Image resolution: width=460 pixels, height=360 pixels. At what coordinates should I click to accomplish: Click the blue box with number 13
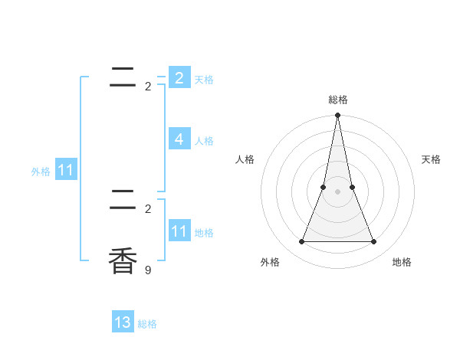123,322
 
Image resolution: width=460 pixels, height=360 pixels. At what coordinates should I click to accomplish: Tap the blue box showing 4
179,139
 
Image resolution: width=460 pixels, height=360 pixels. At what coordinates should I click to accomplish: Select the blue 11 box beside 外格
65,170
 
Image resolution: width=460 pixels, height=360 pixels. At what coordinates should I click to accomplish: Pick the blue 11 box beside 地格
179,231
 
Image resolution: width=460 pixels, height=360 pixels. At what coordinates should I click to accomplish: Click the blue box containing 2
179,78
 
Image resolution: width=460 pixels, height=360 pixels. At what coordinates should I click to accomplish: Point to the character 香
123,260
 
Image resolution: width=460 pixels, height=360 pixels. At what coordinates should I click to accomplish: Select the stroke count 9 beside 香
148,270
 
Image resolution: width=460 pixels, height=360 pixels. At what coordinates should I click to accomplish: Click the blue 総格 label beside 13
147,324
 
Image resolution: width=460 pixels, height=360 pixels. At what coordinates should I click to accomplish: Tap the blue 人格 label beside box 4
204,141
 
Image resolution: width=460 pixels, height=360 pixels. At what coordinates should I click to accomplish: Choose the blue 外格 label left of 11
41,172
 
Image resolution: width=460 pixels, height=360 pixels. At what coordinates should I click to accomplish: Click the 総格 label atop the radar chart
338,100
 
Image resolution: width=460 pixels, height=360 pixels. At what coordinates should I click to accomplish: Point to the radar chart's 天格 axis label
431,159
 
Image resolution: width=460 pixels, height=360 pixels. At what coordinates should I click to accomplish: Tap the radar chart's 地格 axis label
402,262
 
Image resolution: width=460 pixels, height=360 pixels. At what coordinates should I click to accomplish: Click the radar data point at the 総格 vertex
337,116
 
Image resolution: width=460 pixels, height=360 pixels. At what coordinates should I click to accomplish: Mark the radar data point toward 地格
373,242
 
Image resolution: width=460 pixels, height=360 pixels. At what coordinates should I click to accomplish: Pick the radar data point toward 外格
301,242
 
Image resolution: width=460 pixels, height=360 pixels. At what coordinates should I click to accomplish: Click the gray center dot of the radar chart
337,191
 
